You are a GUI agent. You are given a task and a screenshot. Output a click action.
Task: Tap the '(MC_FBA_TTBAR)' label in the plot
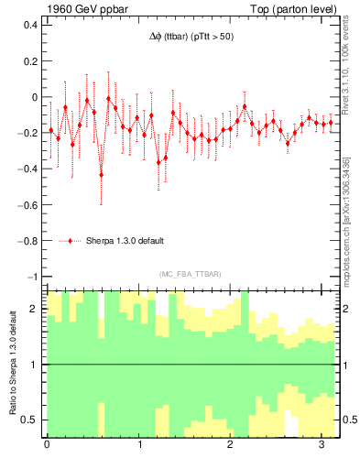(x=190, y=274)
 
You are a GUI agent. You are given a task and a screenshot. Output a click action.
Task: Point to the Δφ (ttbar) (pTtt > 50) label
(x=190, y=38)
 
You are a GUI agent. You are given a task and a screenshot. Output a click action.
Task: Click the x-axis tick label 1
(x=140, y=446)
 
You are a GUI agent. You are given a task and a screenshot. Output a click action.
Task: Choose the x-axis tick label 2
(x=233, y=446)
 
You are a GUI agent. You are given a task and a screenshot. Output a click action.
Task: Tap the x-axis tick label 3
(x=325, y=446)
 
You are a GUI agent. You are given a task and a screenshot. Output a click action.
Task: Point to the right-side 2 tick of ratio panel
(x=344, y=309)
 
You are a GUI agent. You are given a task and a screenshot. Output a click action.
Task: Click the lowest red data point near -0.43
(x=102, y=174)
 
